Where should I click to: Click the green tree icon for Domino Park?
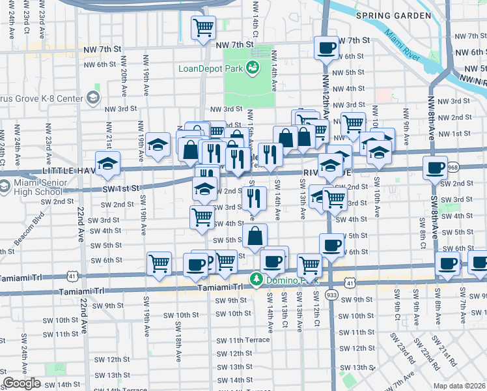click(257, 280)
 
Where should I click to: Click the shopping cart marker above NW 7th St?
click(203, 28)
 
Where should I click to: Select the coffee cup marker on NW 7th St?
click(326, 47)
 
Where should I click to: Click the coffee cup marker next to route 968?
click(434, 167)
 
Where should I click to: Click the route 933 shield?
click(332, 295)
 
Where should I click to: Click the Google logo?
click(22, 383)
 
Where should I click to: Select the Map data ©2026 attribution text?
click(460, 386)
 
